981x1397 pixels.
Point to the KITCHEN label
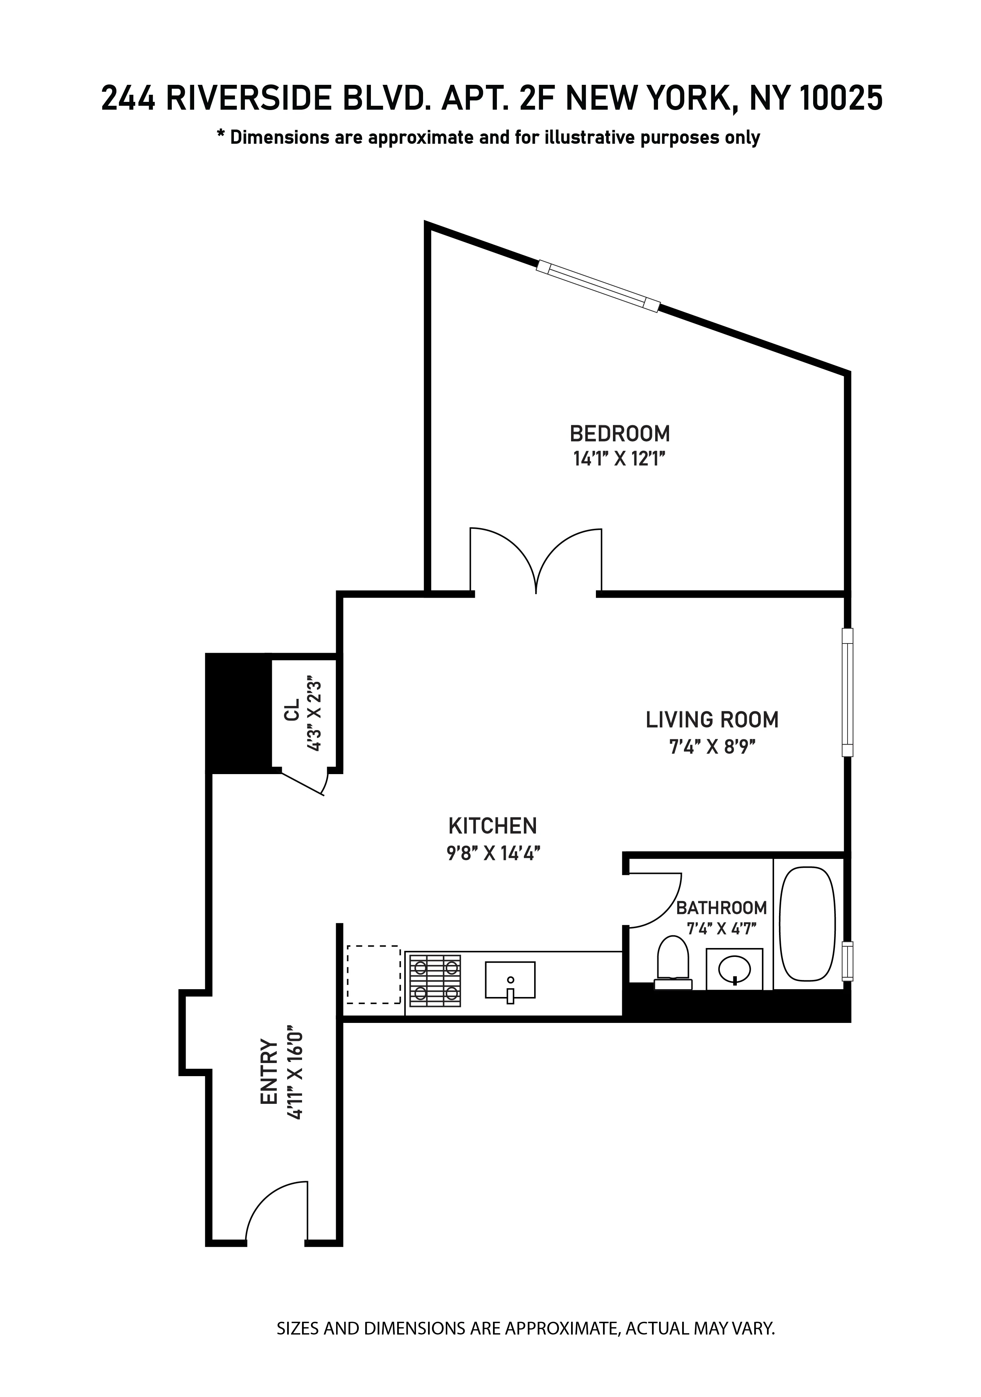[492, 826]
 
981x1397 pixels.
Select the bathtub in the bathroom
[807, 925]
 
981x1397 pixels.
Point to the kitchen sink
[510, 980]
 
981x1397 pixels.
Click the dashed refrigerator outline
[374, 974]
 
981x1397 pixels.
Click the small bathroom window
[846, 962]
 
